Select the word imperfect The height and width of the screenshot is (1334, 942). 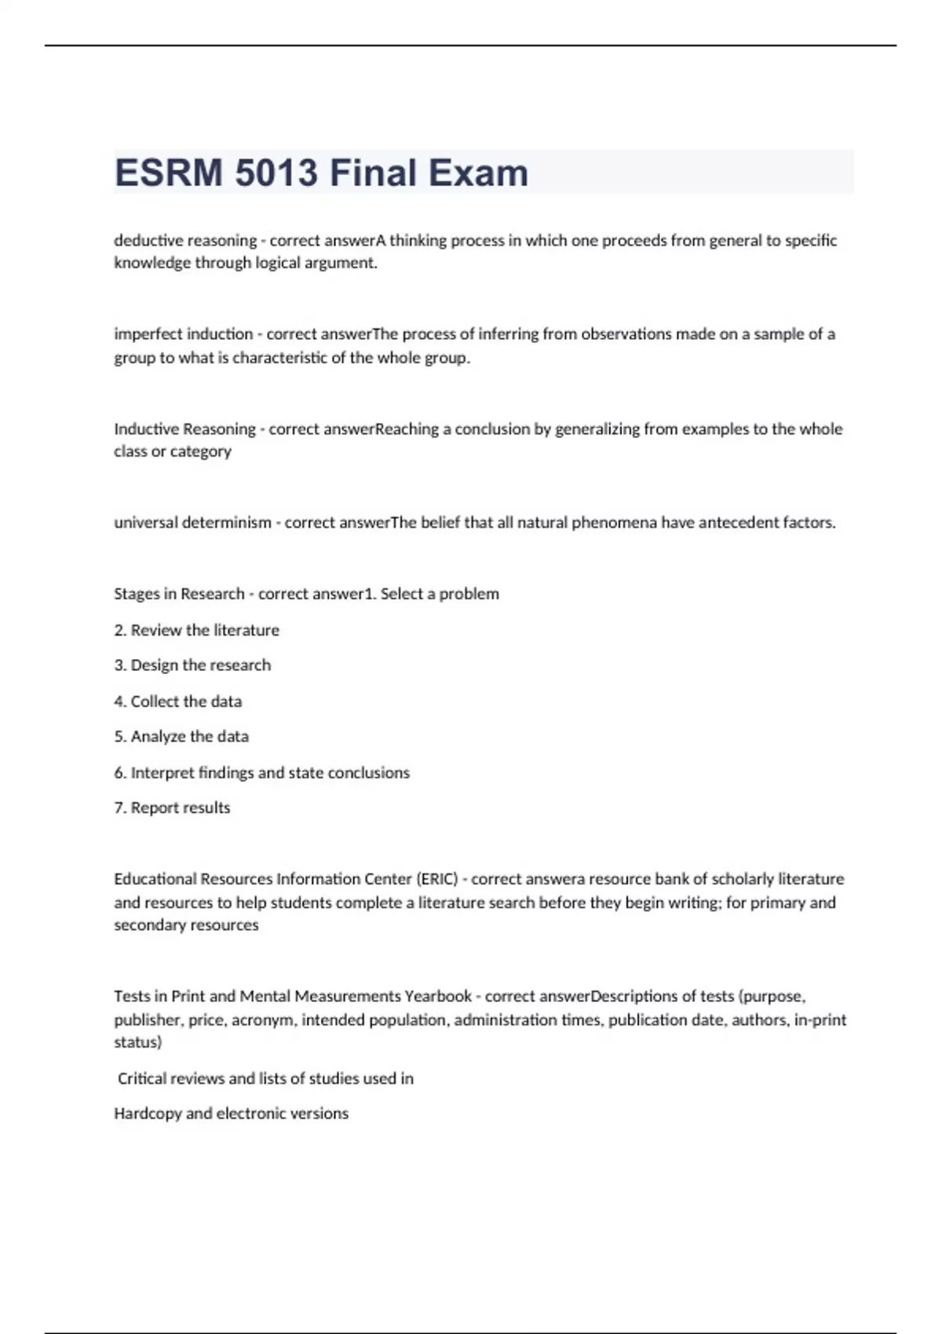pos(144,334)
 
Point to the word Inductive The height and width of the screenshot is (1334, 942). pos(147,428)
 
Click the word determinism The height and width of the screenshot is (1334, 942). pos(227,523)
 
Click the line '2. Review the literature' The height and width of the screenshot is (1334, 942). pos(196,630)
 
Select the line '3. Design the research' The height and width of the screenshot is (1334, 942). pos(192,665)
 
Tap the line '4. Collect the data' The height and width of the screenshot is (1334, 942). pos(178,702)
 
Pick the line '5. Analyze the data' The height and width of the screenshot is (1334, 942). pos(181,737)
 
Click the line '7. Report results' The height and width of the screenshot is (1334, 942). pos(172,808)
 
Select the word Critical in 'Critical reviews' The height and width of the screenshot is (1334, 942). pos(142,1079)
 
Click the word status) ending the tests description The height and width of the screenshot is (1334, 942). pos(138,1043)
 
